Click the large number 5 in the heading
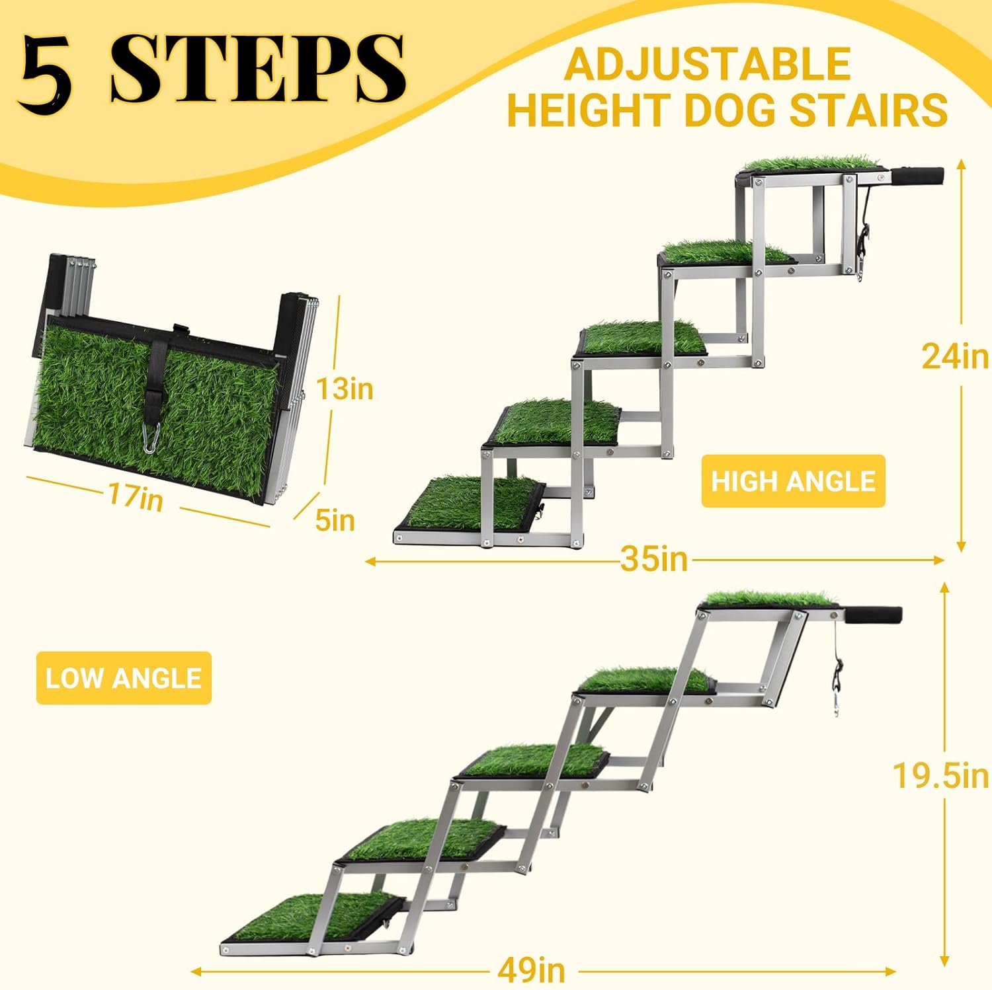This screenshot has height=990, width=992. click(45, 70)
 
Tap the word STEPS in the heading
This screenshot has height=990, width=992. click(258, 69)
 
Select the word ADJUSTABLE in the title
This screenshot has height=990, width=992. click(707, 64)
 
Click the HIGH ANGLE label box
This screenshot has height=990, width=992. click(793, 481)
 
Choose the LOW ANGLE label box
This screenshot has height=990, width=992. click(124, 678)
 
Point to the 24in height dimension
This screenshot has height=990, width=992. click(954, 357)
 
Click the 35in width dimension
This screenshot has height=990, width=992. click(654, 560)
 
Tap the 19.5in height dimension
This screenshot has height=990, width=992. click(940, 775)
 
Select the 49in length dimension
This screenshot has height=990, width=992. click(531, 970)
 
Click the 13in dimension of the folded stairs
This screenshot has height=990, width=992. click(344, 389)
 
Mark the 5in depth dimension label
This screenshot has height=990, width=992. click(335, 520)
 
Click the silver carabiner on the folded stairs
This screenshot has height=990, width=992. click(149, 438)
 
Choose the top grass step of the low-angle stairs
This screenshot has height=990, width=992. click(770, 600)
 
